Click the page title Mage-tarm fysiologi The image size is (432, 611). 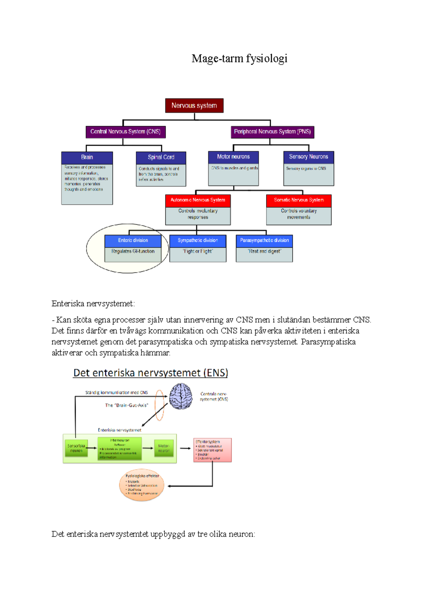(239, 58)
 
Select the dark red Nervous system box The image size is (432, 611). (194, 105)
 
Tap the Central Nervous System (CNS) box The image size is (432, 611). (126, 132)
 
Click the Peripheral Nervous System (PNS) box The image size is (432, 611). (273, 132)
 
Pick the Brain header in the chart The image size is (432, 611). (87, 157)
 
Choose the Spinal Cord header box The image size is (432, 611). (161, 157)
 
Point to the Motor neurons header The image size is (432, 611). (233, 157)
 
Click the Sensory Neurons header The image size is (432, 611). (309, 157)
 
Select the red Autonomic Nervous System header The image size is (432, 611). (198, 200)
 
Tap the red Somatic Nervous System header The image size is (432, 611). (299, 200)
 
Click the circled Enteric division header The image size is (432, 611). (133, 240)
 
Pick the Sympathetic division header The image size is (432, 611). (198, 240)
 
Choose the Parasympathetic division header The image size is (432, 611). (264, 240)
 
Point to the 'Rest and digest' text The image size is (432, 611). (264, 252)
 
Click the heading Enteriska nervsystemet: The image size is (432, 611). (93, 304)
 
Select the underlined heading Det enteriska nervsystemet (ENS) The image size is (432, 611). (150, 373)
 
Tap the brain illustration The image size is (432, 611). (181, 396)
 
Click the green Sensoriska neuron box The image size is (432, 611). (76, 448)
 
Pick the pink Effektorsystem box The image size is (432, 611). (212, 450)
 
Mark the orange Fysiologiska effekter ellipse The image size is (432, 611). (141, 485)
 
